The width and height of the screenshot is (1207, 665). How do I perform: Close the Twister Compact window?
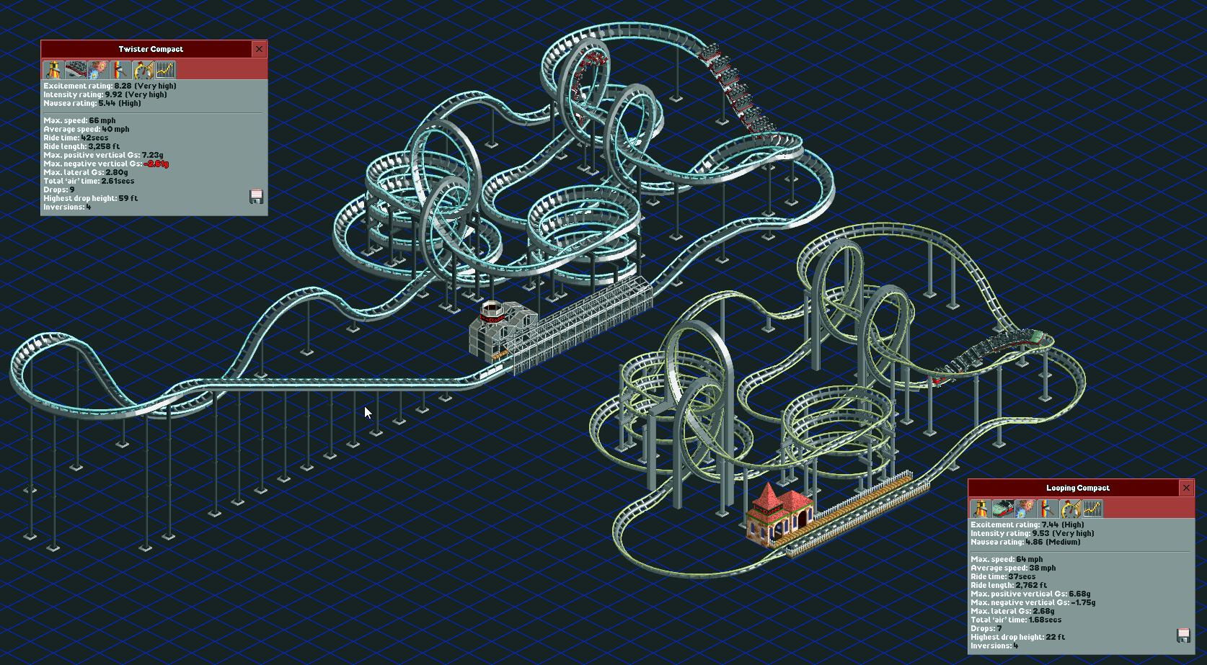[x=259, y=49]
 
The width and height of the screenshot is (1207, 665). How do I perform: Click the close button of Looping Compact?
[x=1186, y=488]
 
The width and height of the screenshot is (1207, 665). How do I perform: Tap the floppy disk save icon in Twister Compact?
[x=256, y=197]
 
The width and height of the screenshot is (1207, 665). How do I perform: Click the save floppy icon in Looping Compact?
[x=1182, y=635]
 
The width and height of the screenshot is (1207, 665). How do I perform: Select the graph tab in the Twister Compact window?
[x=165, y=70]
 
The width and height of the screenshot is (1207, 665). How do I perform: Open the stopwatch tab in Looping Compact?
[x=1070, y=509]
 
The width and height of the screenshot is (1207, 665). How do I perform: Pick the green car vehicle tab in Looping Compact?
[x=1003, y=509]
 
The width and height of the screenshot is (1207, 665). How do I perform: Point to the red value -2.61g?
[x=156, y=164]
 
